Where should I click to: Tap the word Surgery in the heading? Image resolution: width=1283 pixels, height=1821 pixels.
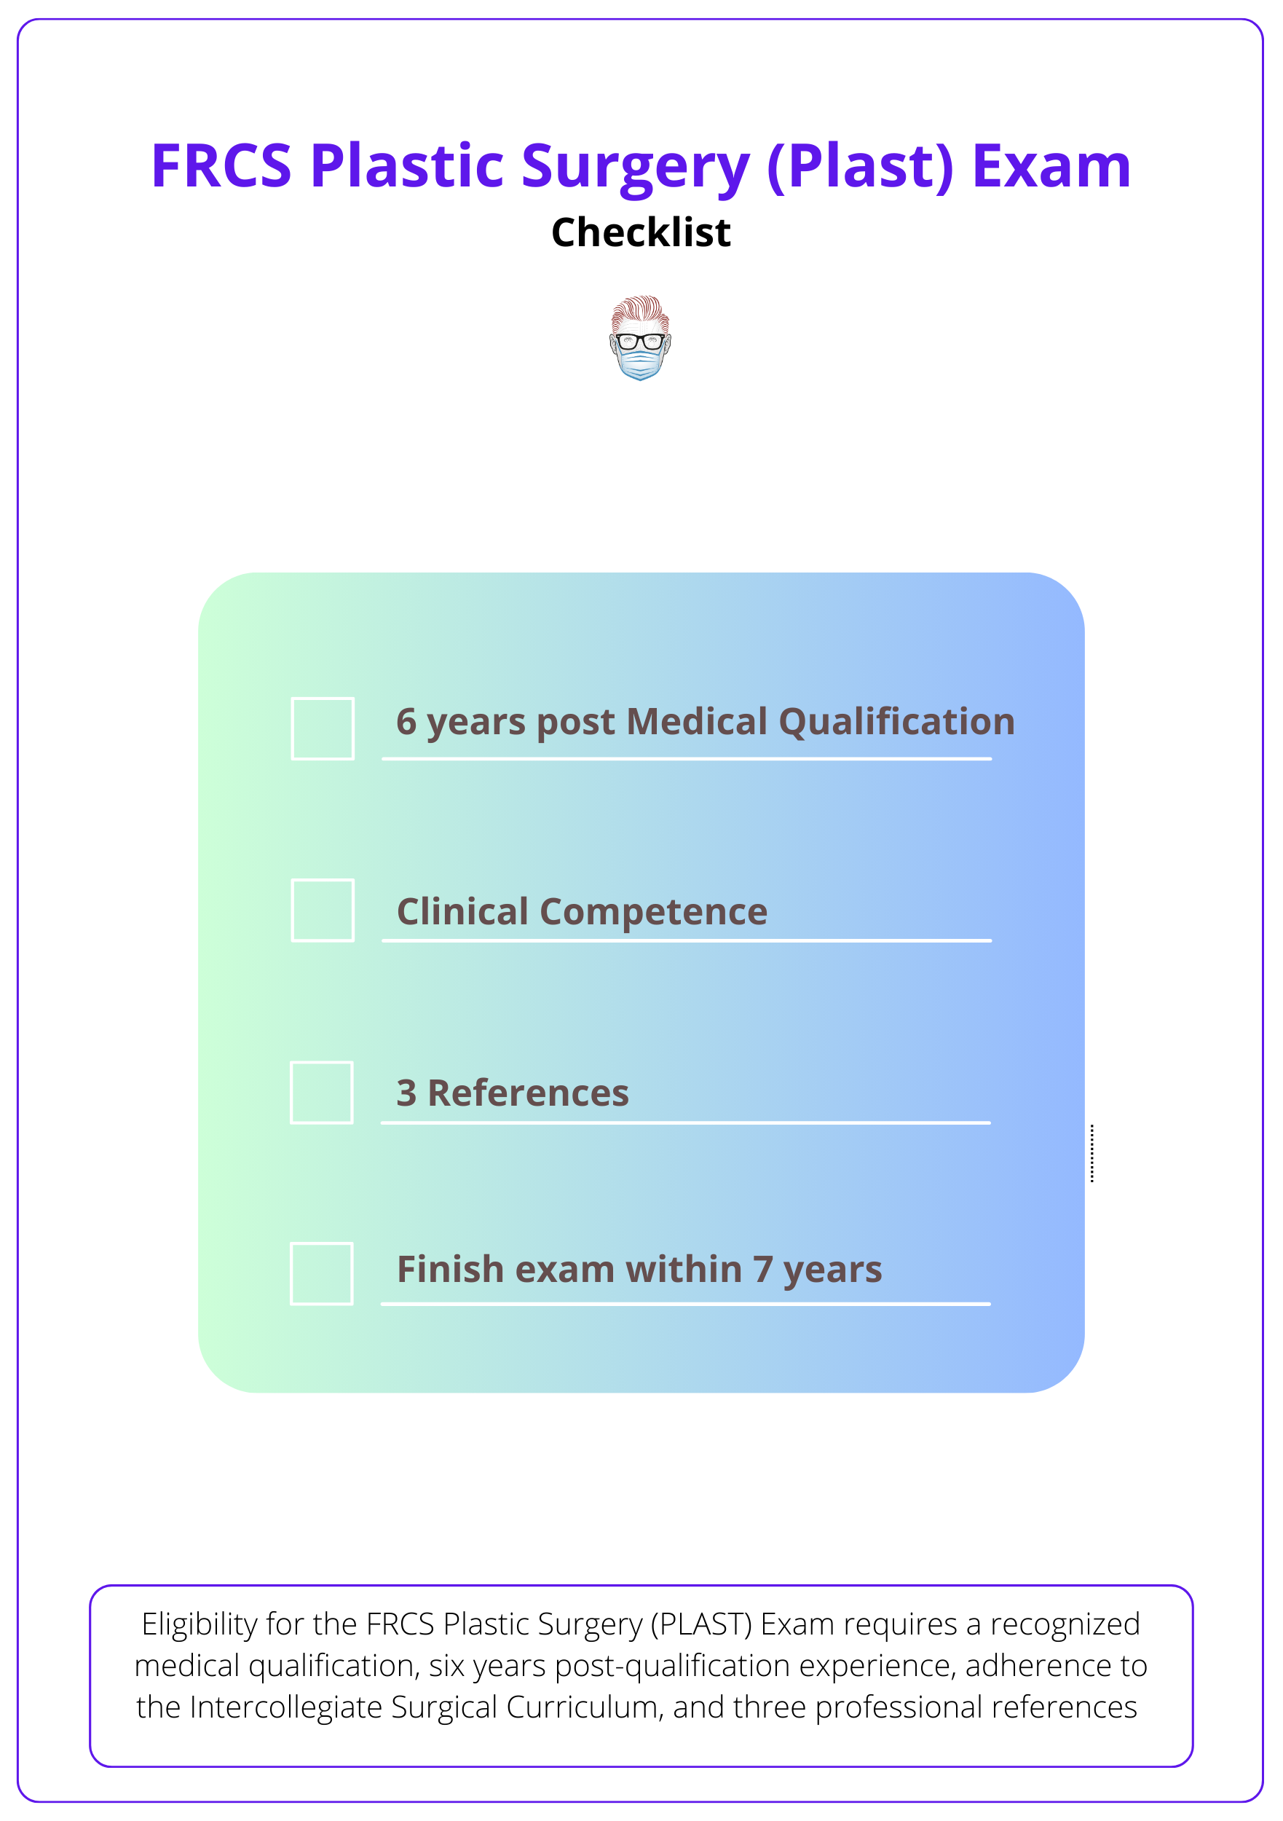(634, 168)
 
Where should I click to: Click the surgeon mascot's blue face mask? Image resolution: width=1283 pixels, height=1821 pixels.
(640, 364)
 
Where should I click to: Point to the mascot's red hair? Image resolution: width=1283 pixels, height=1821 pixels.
(639, 307)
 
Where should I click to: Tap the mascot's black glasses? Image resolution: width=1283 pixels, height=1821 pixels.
(640, 342)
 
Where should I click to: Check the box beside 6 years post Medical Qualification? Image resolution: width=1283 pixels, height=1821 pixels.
(323, 728)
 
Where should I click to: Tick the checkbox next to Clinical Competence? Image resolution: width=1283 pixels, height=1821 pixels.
(323, 910)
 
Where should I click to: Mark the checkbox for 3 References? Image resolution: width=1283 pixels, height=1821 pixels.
(322, 1092)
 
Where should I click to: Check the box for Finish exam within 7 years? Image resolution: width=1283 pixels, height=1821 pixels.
(322, 1273)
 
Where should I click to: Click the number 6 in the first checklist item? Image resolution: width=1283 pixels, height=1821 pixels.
(406, 722)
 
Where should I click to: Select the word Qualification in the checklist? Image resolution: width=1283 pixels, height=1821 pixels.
(896, 723)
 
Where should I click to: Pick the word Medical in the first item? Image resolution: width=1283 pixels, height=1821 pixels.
(697, 722)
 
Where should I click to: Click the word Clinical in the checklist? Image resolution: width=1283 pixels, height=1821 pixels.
(462, 911)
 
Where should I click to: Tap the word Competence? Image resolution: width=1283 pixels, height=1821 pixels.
(653, 912)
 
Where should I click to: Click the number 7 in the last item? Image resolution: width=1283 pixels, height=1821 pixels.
(763, 1269)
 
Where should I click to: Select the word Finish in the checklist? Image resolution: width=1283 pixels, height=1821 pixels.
(451, 1269)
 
